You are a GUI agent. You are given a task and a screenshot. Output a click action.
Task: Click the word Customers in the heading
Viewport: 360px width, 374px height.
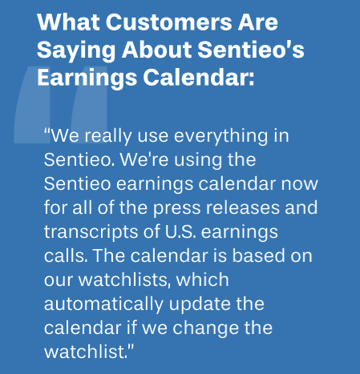tap(169, 22)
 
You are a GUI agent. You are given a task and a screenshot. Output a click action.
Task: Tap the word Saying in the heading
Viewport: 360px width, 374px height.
tap(76, 50)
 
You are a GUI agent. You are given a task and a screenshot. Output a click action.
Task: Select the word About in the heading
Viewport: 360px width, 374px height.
tap(156, 50)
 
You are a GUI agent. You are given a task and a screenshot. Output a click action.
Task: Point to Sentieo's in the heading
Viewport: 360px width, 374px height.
tap(251, 50)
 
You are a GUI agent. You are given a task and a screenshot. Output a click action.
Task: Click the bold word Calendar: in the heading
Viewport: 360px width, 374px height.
tap(199, 78)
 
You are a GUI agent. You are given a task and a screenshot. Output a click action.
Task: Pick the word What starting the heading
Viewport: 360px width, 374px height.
tap(68, 22)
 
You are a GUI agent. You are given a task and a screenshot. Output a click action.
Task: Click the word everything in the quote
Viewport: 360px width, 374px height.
tap(220, 137)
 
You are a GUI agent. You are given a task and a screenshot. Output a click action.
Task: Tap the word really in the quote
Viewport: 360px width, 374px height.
tap(108, 137)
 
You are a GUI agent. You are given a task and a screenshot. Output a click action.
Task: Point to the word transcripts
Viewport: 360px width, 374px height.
tap(91, 232)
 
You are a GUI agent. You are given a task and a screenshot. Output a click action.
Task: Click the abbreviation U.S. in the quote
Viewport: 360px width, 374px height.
tap(180, 231)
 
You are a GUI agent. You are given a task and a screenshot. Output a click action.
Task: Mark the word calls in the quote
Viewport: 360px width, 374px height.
tap(66, 255)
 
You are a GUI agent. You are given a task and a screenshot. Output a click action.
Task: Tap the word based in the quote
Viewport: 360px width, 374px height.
tap(256, 255)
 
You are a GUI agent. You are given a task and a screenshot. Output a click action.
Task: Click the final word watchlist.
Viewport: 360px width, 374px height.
tap(86, 352)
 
